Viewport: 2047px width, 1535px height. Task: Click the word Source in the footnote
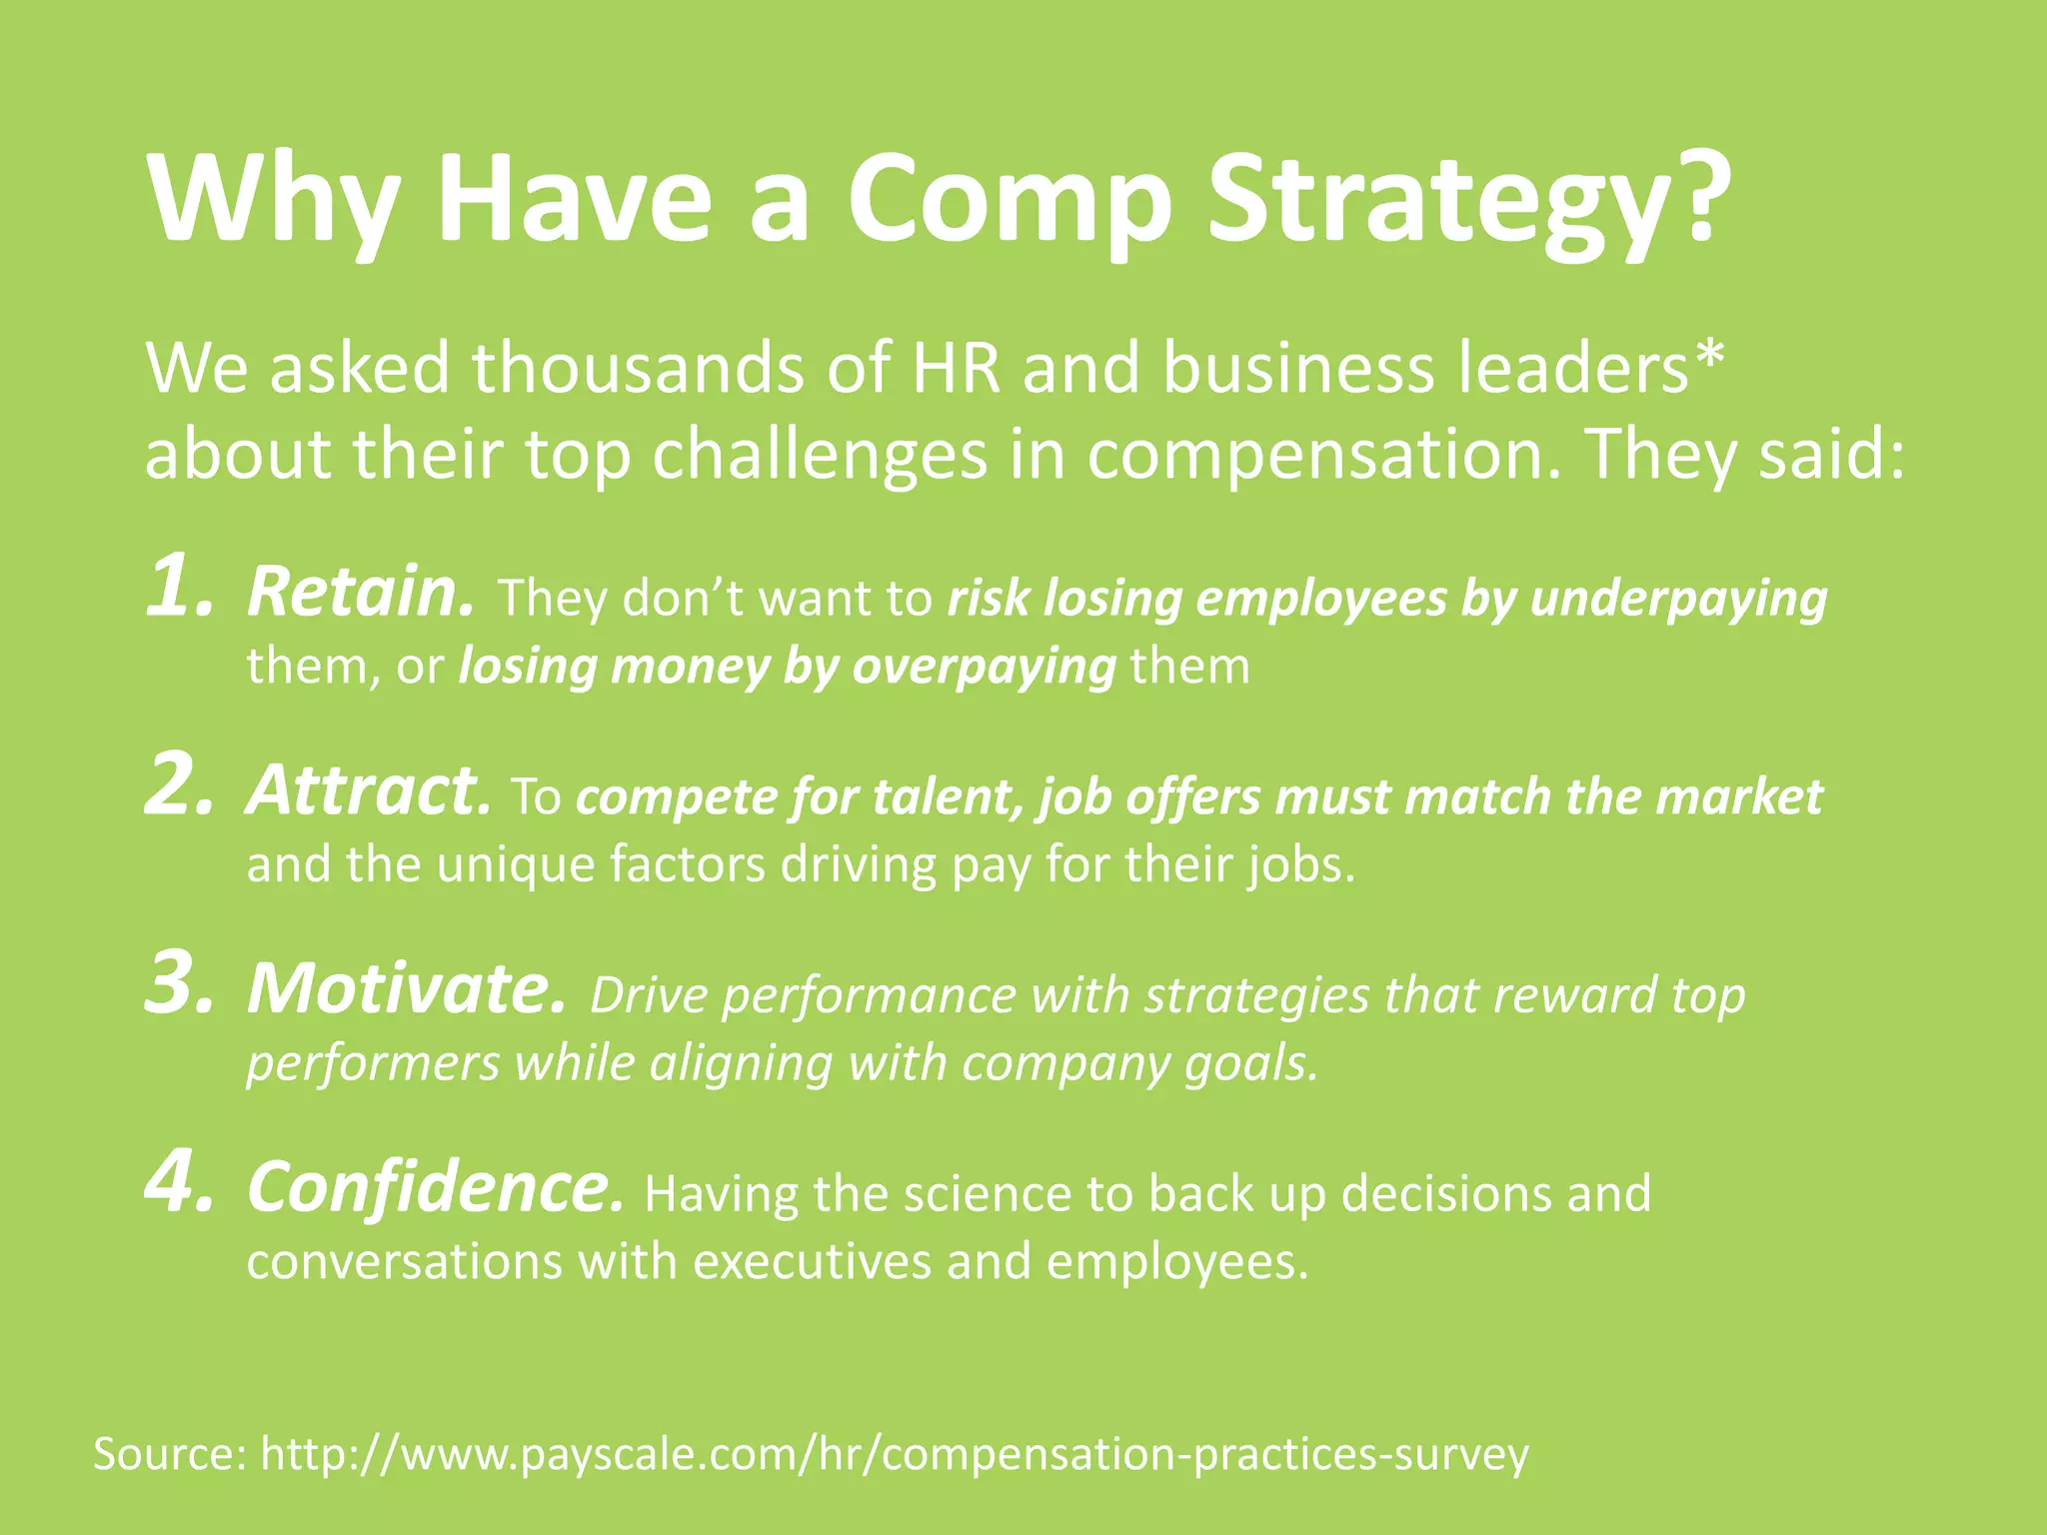pos(169,1454)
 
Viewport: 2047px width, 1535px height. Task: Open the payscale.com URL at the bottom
pos(895,1455)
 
